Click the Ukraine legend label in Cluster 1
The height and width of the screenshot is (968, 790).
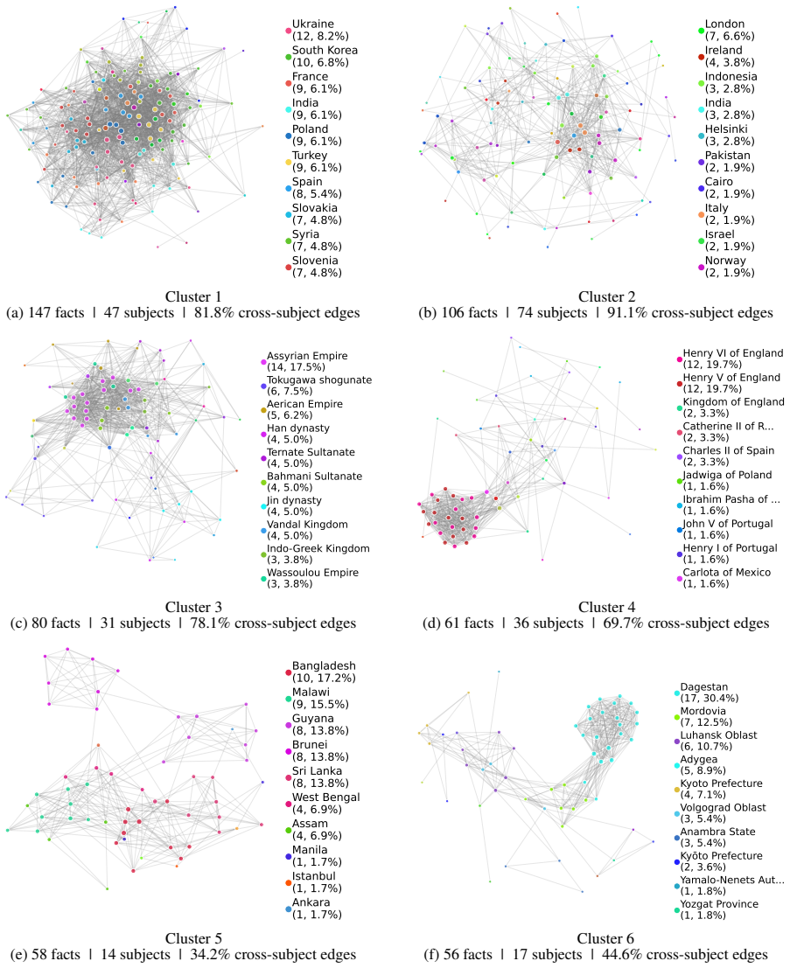[x=313, y=24]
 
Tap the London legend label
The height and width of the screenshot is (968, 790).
[x=725, y=24]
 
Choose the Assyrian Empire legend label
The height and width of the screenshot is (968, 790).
[x=307, y=356]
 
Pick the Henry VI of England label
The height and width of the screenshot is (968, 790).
[x=733, y=353]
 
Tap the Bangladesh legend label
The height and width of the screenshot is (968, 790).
[x=325, y=666]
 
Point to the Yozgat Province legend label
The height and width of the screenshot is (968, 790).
[x=720, y=904]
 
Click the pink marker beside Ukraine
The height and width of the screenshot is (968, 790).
[x=289, y=31]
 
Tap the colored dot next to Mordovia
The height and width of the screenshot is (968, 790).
[x=677, y=717]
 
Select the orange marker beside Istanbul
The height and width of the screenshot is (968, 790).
[x=289, y=883]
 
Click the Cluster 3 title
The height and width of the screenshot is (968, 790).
[x=193, y=607]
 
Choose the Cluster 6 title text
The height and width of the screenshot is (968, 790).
[x=605, y=938]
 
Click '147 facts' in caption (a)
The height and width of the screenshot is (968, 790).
[x=56, y=312]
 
